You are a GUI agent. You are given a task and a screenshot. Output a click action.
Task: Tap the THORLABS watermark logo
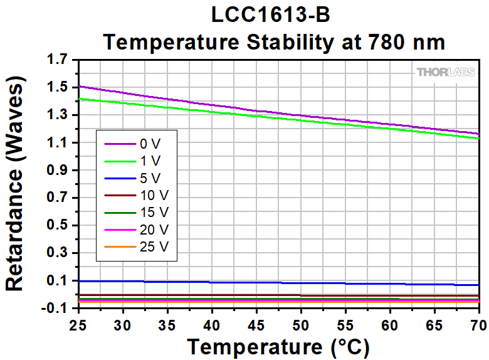[x=446, y=72]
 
